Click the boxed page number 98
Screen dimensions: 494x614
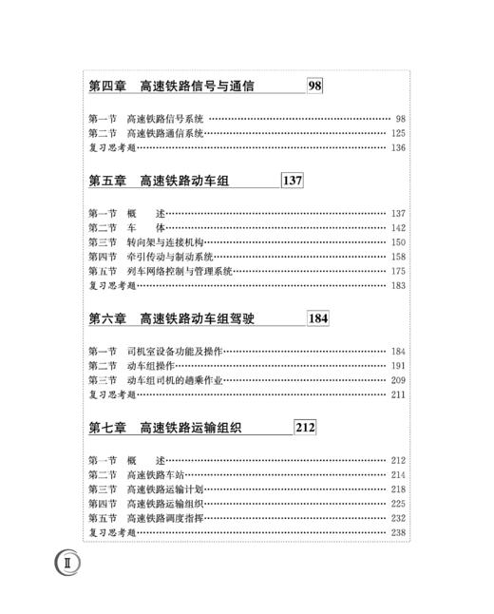(x=315, y=86)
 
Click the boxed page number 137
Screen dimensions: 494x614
(x=292, y=181)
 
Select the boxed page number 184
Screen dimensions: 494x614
(x=317, y=318)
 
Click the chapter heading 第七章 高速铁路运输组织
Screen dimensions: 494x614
(x=165, y=429)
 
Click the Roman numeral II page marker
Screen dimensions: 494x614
(x=68, y=562)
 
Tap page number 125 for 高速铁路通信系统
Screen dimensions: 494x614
(x=397, y=134)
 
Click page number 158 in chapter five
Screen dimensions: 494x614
(x=397, y=257)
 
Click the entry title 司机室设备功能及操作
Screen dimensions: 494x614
(x=174, y=352)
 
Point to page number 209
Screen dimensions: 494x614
(x=397, y=380)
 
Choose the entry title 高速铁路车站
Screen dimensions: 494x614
(x=155, y=475)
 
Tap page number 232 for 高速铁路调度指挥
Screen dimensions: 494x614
(x=397, y=518)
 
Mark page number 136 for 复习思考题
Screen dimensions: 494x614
(x=397, y=148)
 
